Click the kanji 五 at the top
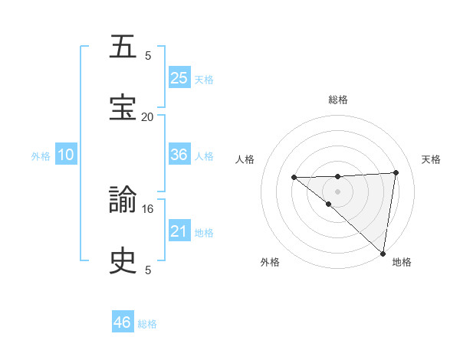pyautogui.click(x=123, y=47)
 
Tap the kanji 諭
pyautogui.click(x=123, y=201)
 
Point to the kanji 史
pyautogui.click(x=123, y=261)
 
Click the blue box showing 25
pyautogui.click(x=179, y=78)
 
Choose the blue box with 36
pyautogui.click(x=179, y=155)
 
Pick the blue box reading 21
pyautogui.click(x=179, y=231)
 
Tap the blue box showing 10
pyautogui.click(x=66, y=155)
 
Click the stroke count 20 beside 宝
pyautogui.click(x=147, y=116)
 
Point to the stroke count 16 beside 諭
pyautogui.click(x=148, y=208)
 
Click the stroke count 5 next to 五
pyautogui.click(x=148, y=55)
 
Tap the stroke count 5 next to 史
pyautogui.click(x=148, y=270)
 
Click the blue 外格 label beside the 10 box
pyautogui.click(x=41, y=155)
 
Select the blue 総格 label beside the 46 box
pyautogui.click(x=147, y=324)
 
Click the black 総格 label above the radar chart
pyautogui.click(x=338, y=100)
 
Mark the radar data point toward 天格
pyautogui.click(x=396, y=172)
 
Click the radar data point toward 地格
pyautogui.click(x=383, y=253)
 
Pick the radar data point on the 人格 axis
pyautogui.click(x=294, y=178)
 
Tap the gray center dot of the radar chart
pyautogui.click(x=338, y=191)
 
